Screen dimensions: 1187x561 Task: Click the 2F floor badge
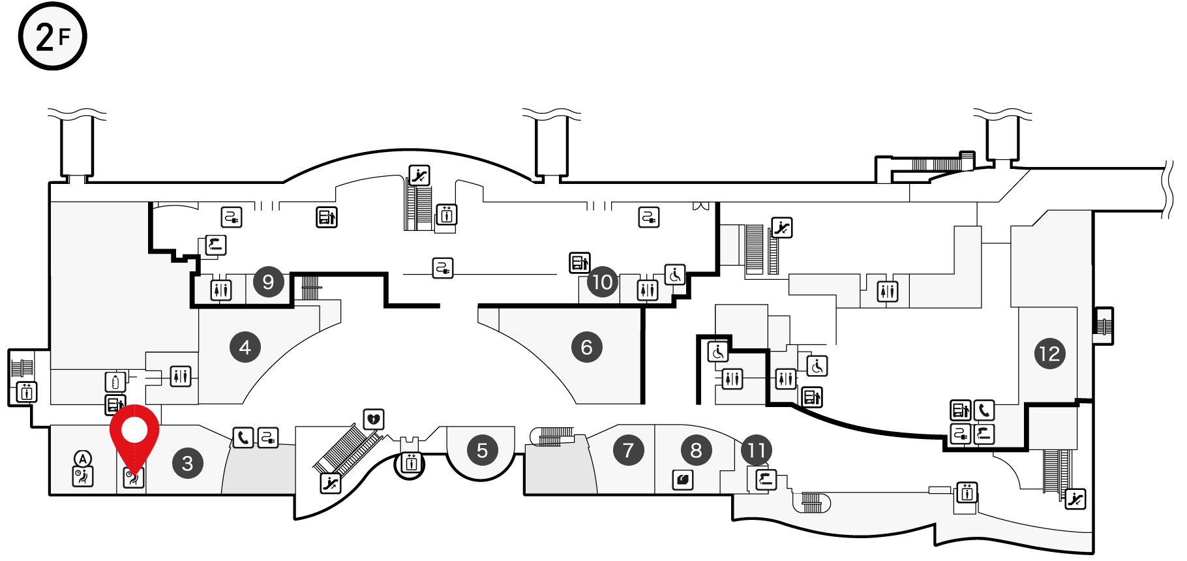[52, 36]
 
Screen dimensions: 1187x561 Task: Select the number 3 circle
[188, 463]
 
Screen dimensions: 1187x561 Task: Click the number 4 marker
[245, 347]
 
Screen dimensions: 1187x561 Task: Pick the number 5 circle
[483, 450]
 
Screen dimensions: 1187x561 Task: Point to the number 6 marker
[587, 347]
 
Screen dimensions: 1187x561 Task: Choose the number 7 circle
[629, 450]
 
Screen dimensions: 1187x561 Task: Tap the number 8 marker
[697, 450]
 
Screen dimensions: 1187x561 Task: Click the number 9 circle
[268, 282]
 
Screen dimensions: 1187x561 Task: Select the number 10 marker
[603, 282]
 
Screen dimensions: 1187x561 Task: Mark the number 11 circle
[757, 450]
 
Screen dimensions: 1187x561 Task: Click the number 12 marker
[1050, 354]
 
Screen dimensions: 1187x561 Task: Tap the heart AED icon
[374, 419]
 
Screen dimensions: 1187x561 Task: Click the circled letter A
[83, 458]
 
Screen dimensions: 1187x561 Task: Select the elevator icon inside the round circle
[411, 463]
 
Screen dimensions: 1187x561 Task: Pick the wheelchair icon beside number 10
[675, 275]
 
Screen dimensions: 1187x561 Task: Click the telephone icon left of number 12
[984, 410]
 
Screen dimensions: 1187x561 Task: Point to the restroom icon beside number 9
[221, 289]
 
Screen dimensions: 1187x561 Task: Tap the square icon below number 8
[683, 480]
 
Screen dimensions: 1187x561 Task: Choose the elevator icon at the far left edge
[27, 392]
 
